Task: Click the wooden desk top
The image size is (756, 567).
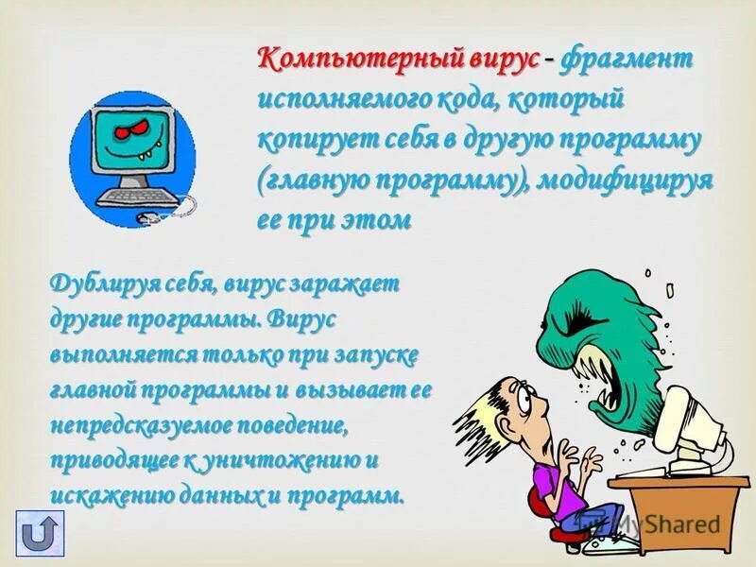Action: click(680, 482)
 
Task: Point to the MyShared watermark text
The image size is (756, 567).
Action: click(661, 523)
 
